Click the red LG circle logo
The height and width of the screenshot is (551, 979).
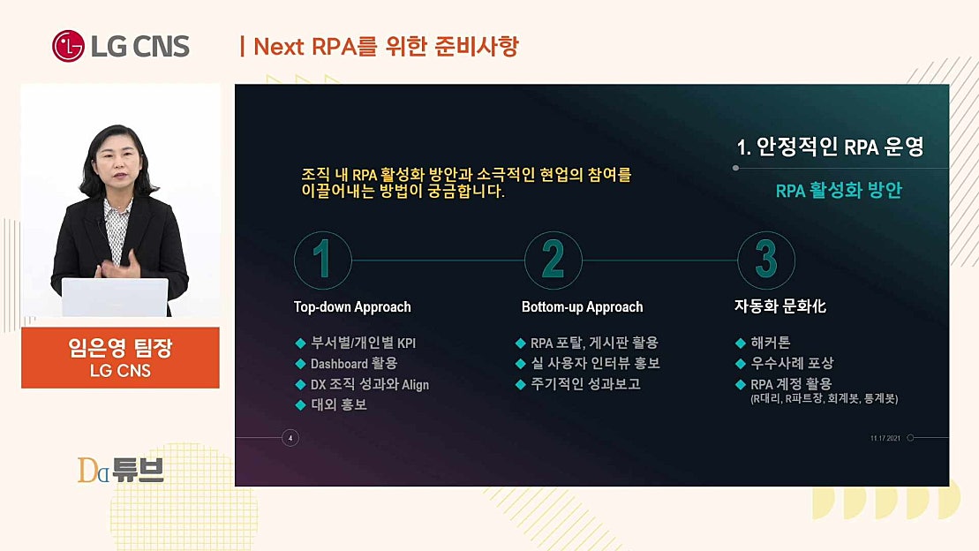(x=68, y=46)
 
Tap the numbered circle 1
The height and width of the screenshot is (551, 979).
(x=323, y=260)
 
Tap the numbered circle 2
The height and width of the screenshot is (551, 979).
(x=554, y=260)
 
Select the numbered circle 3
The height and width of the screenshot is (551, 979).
(x=766, y=260)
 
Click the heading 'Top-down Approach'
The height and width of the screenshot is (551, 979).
(x=352, y=307)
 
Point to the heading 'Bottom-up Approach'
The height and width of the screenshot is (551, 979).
(x=582, y=307)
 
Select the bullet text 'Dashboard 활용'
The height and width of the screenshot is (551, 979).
(x=353, y=363)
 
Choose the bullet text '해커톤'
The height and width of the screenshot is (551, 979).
(x=770, y=343)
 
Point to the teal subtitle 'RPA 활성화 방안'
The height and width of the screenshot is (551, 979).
(x=839, y=191)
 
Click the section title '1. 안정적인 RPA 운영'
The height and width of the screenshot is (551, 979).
(x=830, y=147)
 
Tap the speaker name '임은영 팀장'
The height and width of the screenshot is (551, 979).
(x=120, y=348)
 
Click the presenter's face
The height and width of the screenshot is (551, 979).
(x=118, y=164)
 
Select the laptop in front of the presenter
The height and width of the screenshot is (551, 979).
(x=115, y=297)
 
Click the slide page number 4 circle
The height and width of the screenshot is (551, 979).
(x=290, y=437)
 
